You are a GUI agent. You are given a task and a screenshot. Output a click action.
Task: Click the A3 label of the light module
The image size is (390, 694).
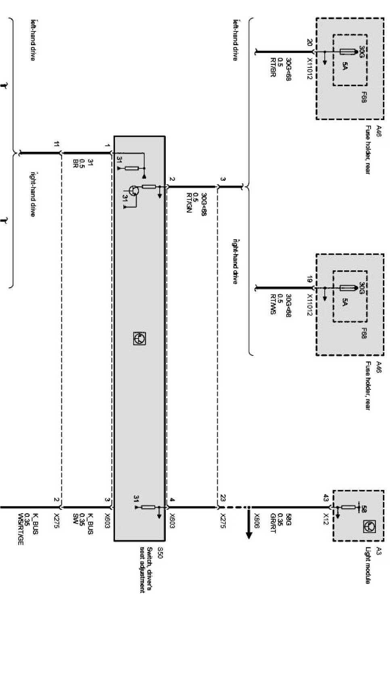(x=378, y=551)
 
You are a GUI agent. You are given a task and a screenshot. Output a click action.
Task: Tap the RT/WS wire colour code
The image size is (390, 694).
(x=273, y=305)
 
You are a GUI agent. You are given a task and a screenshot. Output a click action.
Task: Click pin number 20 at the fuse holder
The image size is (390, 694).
(x=309, y=43)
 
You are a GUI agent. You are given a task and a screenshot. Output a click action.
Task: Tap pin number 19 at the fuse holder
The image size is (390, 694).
(x=309, y=279)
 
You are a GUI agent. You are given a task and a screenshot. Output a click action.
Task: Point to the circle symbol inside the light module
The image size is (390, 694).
(x=368, y=525)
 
